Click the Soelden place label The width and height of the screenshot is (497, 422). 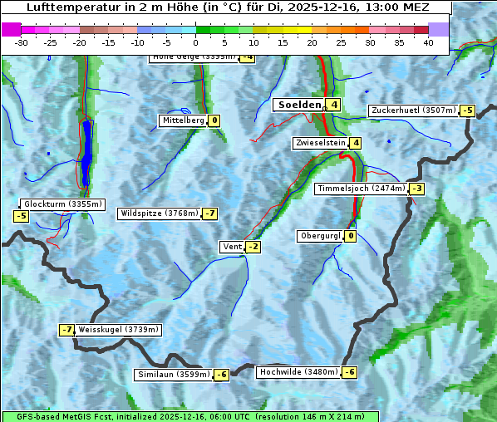click(x=298, y=105)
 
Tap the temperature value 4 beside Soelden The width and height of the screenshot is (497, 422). click(x=333, y=105)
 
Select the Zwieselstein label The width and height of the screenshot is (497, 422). click(x=320, y=143)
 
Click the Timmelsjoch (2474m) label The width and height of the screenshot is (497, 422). click(x=362, y=189)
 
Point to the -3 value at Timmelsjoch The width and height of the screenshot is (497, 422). click(x=416, y=189)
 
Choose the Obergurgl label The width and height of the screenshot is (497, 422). click(x=320, y=236)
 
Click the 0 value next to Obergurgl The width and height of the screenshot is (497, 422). click(x=351, y=236)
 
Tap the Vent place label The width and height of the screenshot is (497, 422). click(x=232, y=247)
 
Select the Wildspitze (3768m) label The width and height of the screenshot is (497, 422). click(x=160, y=213)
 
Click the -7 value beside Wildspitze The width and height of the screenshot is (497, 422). click(x=209, y=213)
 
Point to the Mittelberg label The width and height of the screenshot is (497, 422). click(x=183, y=120)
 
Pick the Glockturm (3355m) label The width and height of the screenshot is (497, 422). click(x=62, y=204)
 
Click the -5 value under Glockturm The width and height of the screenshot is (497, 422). click(x=21, y=217)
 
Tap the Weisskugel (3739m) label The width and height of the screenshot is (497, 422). click(x=118, y=330)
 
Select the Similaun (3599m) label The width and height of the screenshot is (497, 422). click(x=174, y=375)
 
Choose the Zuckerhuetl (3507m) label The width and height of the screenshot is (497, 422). click(x=413, y=110)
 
